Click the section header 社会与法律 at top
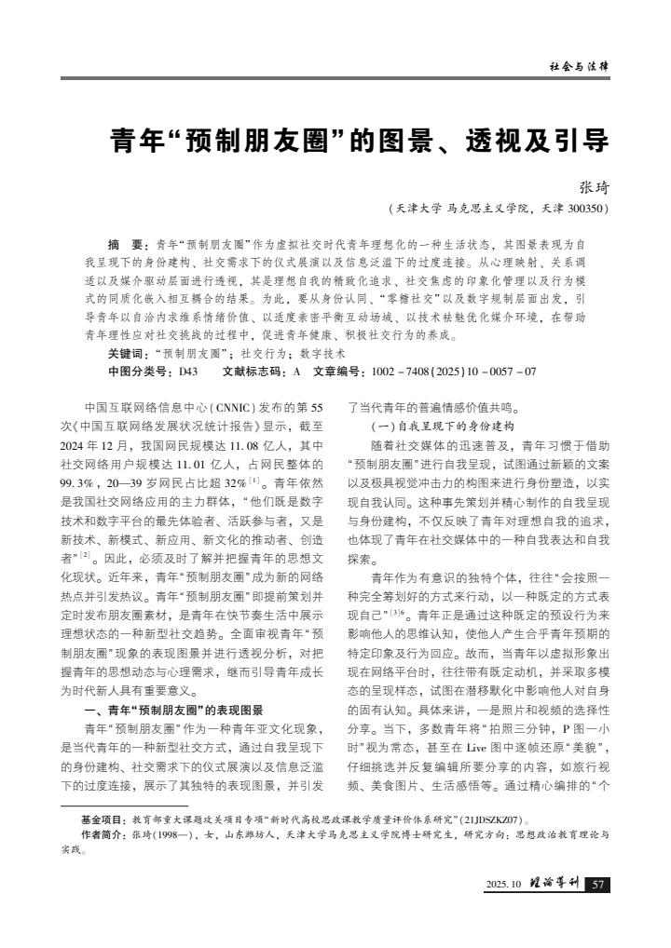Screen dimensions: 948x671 579,67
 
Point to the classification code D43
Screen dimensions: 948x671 186,371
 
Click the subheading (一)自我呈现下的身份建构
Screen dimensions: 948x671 423,426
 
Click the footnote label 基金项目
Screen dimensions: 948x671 103,820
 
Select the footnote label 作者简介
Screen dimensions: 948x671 103,834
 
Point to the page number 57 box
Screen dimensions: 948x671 599,884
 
